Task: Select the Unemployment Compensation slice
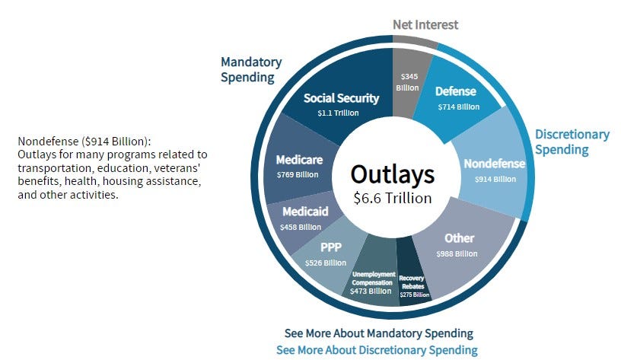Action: [x=371, y=278]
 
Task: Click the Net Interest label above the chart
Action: [x=425, y=24]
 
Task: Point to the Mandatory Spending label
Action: [x=251, y=70]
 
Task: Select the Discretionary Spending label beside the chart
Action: [x=572, y=142]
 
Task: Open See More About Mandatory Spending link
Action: [x=378, y=333]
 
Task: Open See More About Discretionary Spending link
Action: [x=377, y=350]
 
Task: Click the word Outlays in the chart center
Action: [x=392, y=174]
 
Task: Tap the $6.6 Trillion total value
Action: [x=392, y=198]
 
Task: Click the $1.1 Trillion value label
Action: [x=339, y=113]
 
